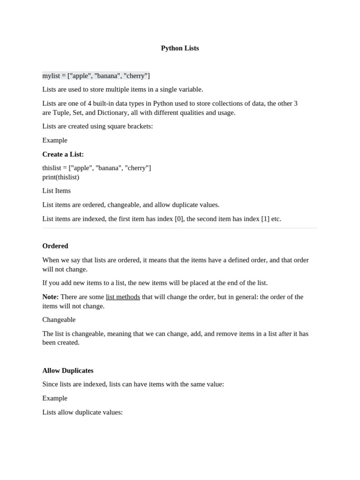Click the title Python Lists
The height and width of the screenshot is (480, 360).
click(180, 48)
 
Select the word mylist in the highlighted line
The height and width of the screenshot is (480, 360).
click(52, 76)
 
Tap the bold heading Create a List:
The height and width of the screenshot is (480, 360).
click(63, 154)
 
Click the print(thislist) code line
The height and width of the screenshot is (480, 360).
click(60, 177)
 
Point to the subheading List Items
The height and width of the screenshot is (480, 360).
click(56, 191)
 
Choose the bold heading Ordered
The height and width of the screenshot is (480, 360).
click(55, 246)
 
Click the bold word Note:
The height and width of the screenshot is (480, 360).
click(50, 297)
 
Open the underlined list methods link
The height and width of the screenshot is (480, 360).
click(123, 297)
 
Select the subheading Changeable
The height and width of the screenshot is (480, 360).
click(59, 320)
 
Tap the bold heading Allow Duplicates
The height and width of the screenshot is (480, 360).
click(67, 370)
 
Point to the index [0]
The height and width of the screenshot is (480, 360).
click(179, 219)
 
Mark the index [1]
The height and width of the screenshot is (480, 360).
click(265, 219)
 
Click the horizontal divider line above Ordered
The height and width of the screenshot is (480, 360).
click(180, 228)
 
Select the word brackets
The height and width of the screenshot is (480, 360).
click(139, 127)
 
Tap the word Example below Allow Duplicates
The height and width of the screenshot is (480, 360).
click(55, 398)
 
